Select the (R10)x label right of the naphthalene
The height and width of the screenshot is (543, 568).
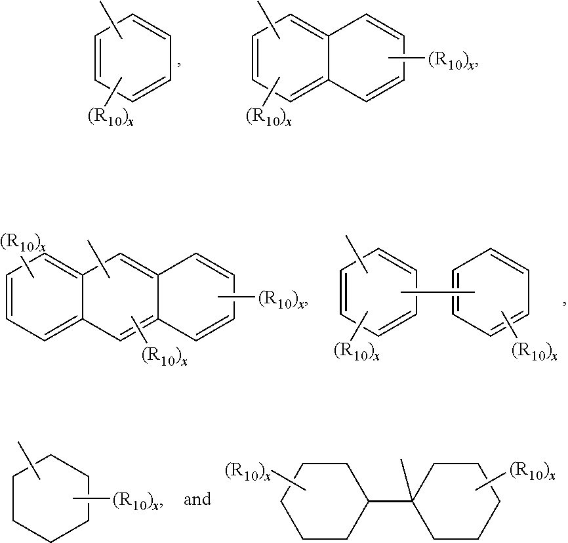click(451, 61)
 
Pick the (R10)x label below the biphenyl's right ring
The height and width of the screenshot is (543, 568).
click(534, 352)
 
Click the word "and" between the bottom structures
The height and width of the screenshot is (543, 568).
click(197, 500)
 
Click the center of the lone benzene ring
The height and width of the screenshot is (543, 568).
click(134, 60)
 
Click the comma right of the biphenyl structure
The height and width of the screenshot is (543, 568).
click(563, 302)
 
